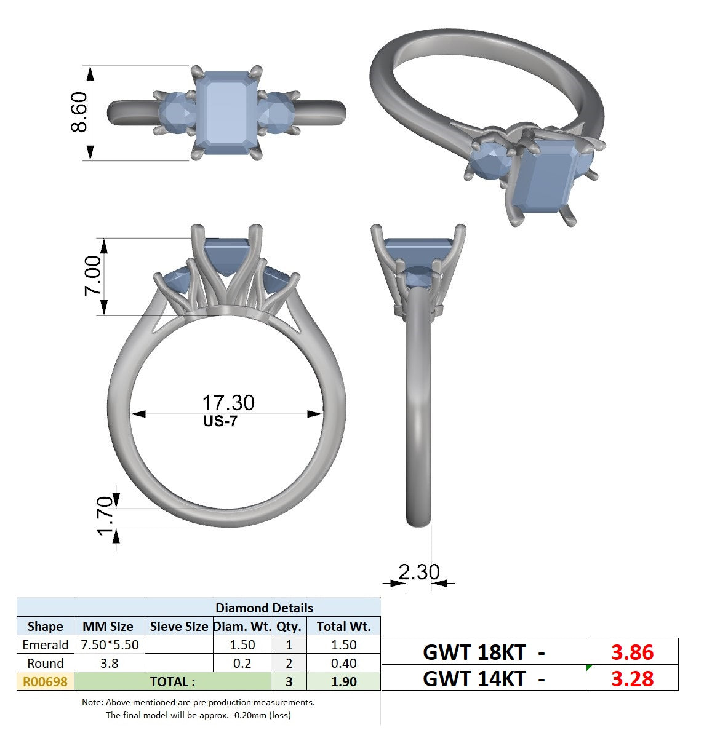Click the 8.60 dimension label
click(79, 112)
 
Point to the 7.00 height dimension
click(92, 275)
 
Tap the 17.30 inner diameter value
click(228, 402)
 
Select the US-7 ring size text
click(220, 421)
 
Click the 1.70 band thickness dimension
click(105, 516)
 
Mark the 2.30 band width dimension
click(419, 572)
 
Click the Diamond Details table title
click(264, 608)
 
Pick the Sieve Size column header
click(179, 627)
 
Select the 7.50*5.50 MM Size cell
click(110, 645)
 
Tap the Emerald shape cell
click(46, 645)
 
